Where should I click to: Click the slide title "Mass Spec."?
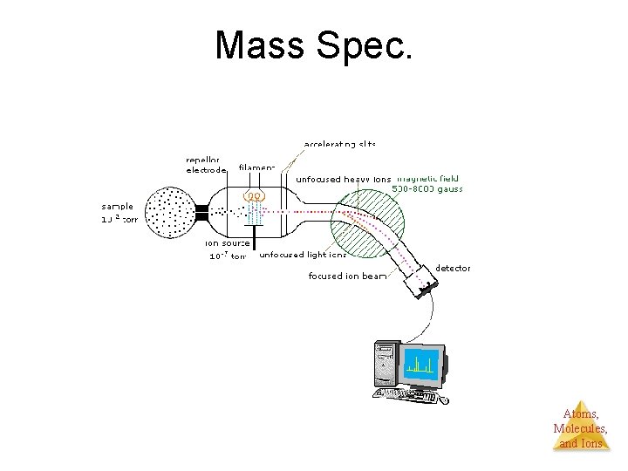pos(313,45)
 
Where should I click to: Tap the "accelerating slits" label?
pos(340,143)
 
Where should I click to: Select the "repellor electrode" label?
pos(206,165)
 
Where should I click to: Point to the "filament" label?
pos(256,167)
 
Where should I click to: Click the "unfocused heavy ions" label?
pos(343,179)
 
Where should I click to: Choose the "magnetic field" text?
pos(427,178)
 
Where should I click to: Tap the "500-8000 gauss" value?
pos(427,188)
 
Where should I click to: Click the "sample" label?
pos(117,207)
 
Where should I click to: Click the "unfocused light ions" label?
pos(303,255)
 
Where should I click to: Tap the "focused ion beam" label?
pos(343,276)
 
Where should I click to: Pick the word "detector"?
pos(453,268)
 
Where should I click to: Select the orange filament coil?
pos(254,197)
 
